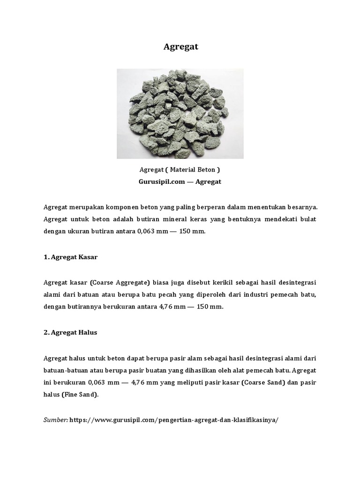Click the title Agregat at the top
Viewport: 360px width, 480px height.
pyautogui.click(x=181, y=47)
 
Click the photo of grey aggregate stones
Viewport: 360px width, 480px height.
pyautogui.click(x=180, y=113)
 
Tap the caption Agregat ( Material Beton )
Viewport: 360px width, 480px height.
pyautogui.click(x=180, y=170)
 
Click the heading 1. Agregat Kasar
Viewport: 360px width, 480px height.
pyautogui.click(x=70, y=257)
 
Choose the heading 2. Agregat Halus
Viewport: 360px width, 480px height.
pyautogui.click(x=70, y=332)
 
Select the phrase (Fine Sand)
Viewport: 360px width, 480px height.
pyautogui.click(x=80, y=395)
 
